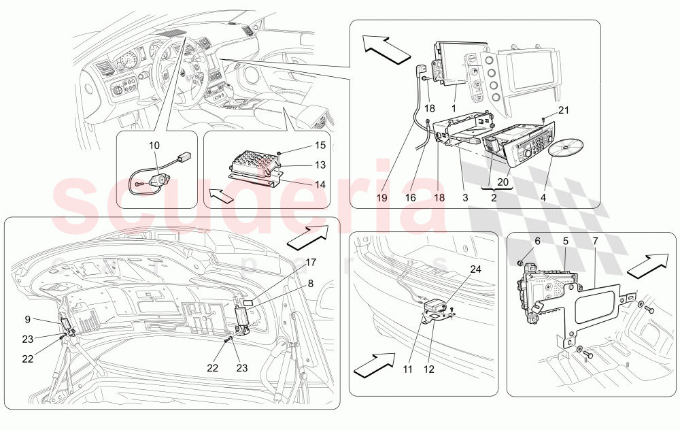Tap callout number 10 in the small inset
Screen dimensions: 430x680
click(x=154, y=145)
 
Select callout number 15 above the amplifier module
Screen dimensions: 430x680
click(x=301, y=145)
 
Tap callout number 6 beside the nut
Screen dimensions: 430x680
click(x=537, y=241)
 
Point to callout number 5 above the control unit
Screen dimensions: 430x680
click(x=565, y=241)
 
